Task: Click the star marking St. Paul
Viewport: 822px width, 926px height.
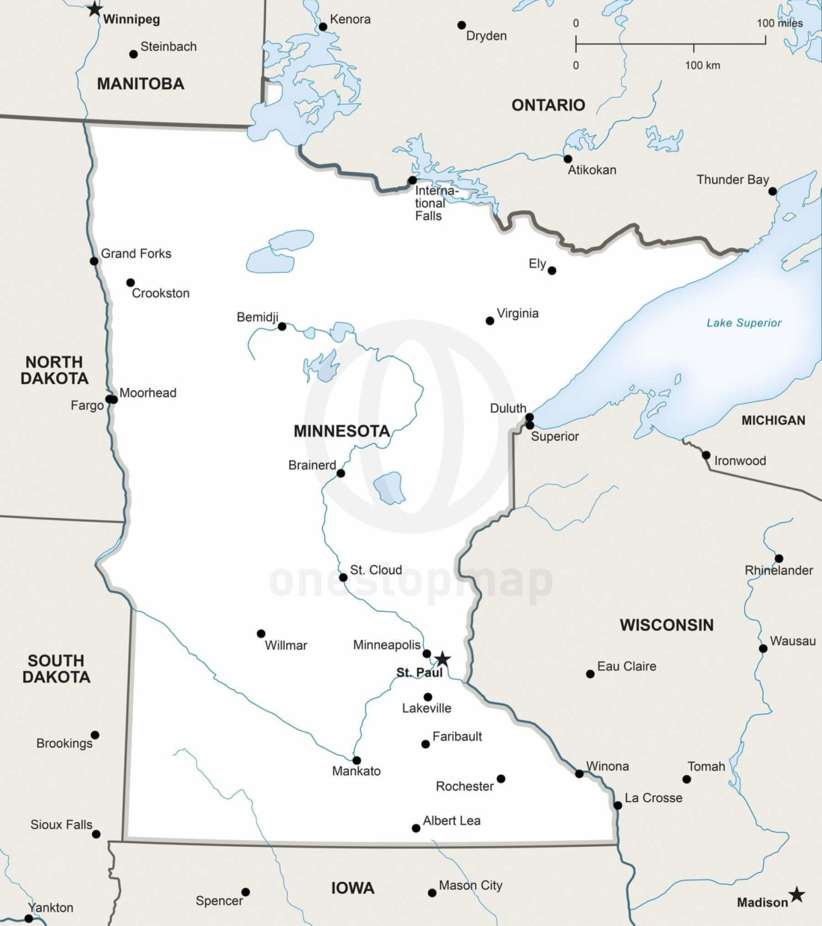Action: click(442, 658)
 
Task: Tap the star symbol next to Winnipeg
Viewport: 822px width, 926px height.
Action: click(94, 9)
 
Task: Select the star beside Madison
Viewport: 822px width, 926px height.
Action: click(797, 895)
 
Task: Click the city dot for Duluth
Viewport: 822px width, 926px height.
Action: click(529, 417)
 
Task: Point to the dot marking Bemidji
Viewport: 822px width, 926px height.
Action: click(282, 327)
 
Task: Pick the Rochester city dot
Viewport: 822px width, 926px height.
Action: click(501, 779)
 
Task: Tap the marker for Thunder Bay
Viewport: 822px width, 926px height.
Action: click(773, 191)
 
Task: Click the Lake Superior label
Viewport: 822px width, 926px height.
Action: click(744, 323)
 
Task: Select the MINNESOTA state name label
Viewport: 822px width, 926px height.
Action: click(342, 431)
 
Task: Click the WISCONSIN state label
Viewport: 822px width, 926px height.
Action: click(667, 625)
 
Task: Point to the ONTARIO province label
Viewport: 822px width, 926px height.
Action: click(548, 105)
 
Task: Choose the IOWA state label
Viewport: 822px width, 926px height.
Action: click(353, 888)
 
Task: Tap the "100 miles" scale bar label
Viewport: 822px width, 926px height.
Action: click(779, 23)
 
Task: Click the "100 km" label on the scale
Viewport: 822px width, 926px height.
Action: click(702, 65)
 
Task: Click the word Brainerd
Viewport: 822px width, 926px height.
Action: click(312, 465)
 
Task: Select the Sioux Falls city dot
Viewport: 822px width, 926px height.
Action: click(96, 833)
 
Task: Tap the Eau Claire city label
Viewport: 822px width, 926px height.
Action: click(626, 666)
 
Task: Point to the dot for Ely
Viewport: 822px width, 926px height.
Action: click(551, 271)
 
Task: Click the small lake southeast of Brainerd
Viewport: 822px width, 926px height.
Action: click(389, 488)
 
